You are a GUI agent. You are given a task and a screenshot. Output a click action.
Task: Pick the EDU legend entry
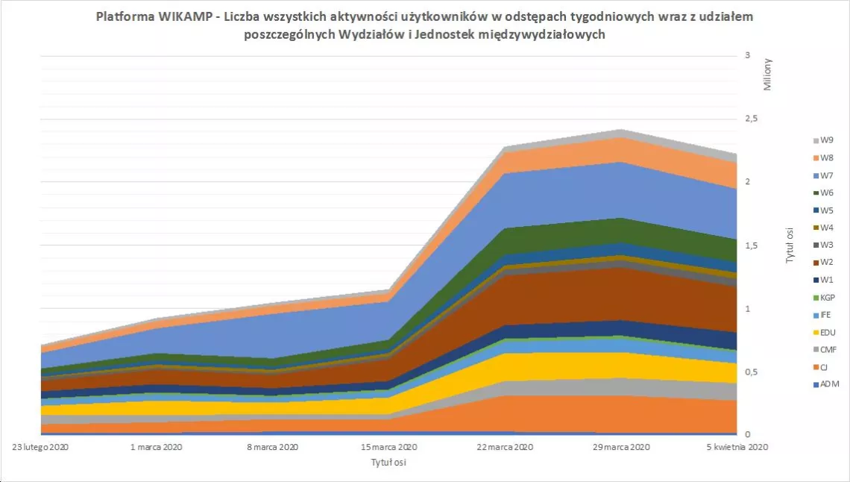point(827,332)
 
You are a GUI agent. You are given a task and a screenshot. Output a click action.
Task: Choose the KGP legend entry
point(827,297)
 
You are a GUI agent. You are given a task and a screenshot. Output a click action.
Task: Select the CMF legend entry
point(827,349)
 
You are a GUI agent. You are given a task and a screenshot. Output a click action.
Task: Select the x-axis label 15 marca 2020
point(389,447)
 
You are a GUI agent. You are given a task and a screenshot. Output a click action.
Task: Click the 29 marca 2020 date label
point(622,447)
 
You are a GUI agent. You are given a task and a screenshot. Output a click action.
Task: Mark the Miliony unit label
point(768,75)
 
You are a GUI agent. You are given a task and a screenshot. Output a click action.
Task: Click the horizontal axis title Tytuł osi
point(388,462)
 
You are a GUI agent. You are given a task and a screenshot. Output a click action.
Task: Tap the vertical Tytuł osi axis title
point(788,245)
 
